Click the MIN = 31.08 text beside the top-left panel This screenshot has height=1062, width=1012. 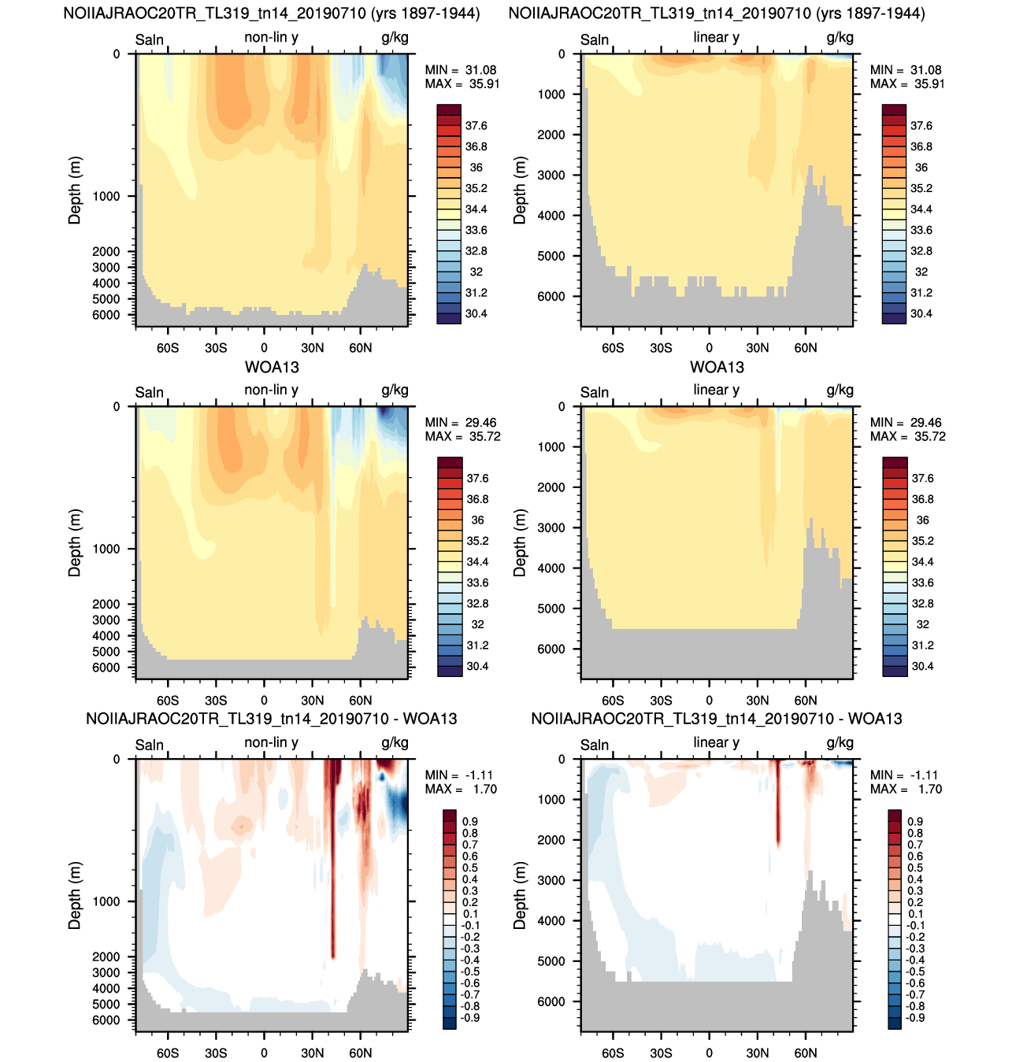[460, 70]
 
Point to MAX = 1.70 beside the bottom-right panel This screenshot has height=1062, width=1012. [906, 789]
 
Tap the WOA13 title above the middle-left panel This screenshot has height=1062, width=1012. [272, 368]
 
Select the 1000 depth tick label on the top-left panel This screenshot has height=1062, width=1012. [106, 196]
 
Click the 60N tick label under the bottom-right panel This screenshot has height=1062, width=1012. [806, 1053]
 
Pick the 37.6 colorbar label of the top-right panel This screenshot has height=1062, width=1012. [921, 126]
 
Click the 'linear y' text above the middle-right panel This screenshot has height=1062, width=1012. [717, 390]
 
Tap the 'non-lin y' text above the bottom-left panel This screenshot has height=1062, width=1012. [272, 742]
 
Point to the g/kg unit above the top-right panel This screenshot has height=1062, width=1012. [840, 37]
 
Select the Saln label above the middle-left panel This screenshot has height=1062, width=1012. [149, 392]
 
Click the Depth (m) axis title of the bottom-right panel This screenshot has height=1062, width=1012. [520, 896]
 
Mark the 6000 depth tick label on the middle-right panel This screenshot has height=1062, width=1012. [550, 649]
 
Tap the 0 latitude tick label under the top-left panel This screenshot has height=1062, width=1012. [264, 348]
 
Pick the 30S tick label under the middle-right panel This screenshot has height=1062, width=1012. [661, 701]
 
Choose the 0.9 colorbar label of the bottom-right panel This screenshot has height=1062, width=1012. [915, 822]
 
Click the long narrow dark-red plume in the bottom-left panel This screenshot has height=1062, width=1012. [332, 864]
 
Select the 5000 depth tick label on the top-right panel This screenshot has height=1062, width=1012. [550, 256]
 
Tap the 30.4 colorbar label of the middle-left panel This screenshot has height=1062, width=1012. [477, 666]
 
